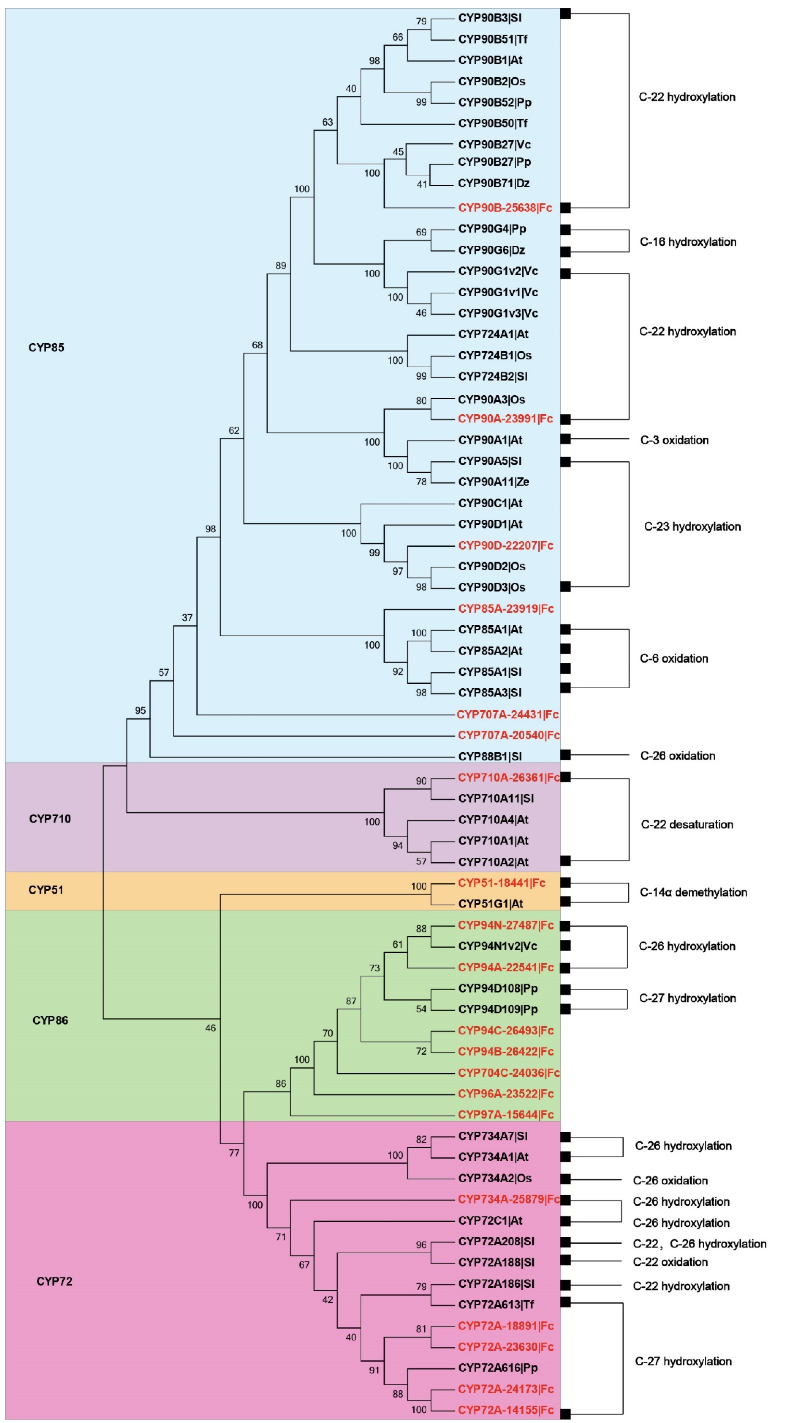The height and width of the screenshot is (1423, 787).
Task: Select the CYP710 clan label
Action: click(x=50, y=819)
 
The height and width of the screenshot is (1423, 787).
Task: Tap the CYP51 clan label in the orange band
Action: click(x=46, y=890)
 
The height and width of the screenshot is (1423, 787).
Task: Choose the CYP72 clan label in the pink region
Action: click(x=54, y=1281)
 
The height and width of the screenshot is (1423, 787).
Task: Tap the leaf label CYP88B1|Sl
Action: click(x=489, y=756)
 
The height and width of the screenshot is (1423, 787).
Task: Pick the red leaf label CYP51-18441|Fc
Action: click(x=501, y=883)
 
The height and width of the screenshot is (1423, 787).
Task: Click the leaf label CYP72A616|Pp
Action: click(x=498, y=1368)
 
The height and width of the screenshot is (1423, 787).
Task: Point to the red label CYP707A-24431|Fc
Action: click(x=507, y=714)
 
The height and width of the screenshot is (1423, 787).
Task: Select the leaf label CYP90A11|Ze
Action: click(x=493, y=482)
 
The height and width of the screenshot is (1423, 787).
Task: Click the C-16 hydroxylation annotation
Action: click(x=688, y=242)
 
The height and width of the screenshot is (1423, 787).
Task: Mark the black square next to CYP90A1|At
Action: click(x=566, y=439)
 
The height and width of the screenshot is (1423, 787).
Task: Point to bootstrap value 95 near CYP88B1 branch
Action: click(x=140, y=710)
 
